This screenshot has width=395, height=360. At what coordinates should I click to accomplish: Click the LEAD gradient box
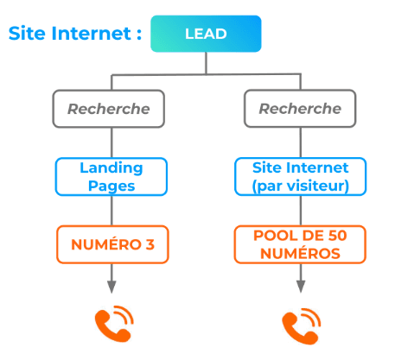[205, 34]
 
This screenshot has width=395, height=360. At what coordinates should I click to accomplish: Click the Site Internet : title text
[74, 34]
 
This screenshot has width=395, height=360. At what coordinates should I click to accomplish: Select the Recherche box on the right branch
[300, 109]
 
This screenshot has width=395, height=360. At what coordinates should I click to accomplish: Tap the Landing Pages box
[111, 176]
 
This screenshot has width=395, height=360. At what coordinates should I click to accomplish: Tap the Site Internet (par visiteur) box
[300, 176]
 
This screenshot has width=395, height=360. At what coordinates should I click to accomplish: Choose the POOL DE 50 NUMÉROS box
[300, 244]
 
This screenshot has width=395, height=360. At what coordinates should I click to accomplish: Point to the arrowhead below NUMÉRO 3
[111, 288]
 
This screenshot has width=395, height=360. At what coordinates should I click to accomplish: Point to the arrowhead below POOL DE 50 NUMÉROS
[301, 288]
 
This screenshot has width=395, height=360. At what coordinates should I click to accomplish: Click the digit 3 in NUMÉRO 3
[150, 244]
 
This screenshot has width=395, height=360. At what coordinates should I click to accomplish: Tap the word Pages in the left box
[111, 185]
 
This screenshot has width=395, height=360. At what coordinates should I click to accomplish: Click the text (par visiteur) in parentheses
[300, 185]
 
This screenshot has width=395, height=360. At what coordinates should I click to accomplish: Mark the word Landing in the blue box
[111, 167]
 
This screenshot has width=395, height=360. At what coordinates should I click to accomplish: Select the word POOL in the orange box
[270, 236]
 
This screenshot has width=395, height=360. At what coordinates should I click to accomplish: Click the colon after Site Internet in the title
[137, 35]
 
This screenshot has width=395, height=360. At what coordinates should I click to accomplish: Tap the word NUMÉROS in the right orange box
[300, 253]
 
